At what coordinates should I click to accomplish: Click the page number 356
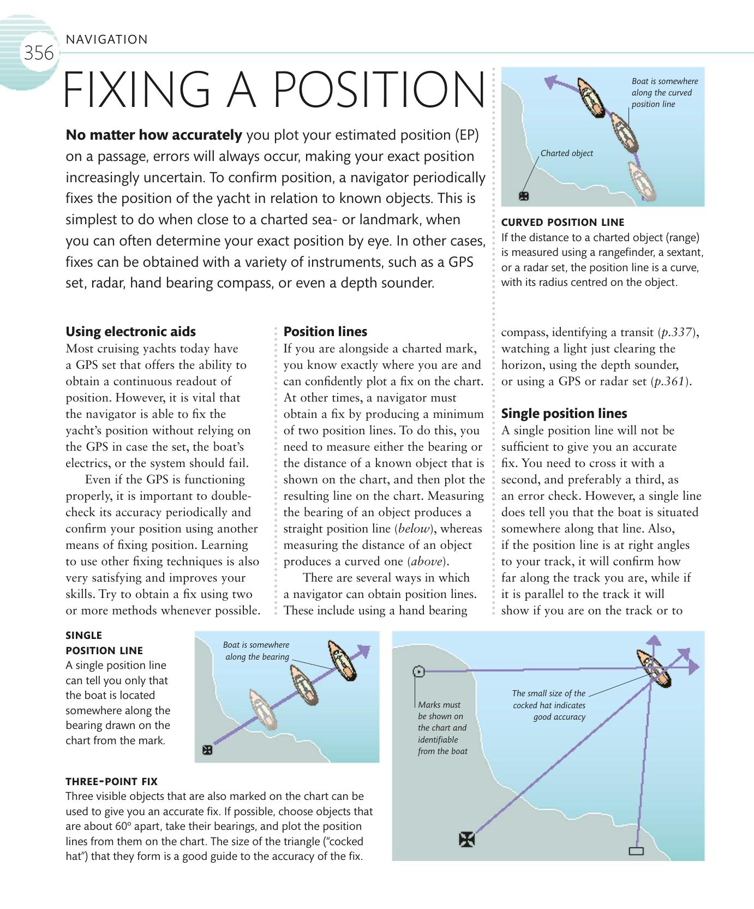click(x=38, y=53)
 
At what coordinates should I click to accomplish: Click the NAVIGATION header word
click(x=106, y=39)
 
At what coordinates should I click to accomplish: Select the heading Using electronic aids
click(x=130, y=332)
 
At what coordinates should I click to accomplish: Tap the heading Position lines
click(x=325, y=332)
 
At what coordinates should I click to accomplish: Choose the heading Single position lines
click(x=564, y=414)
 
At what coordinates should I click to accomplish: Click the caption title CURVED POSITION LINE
click(x=562, y=222)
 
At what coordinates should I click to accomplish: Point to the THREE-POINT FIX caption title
click(x=111, y=781)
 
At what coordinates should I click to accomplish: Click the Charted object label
click(x=566, y=153)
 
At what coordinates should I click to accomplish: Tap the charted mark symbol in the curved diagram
click(x=524, y=196)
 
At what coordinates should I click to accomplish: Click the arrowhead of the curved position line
click(x=552, y=82)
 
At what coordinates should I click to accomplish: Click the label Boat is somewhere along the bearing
click(x=256, y=651)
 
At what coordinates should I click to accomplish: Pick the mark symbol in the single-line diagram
click(x=207, y=750)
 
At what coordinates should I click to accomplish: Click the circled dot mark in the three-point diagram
click(x=418, y=672)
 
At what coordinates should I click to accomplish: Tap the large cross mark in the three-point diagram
click(x=467, y=839)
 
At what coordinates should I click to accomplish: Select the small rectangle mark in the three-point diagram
click(x=636, y=851)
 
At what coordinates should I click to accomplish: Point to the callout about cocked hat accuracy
click(x=549, y=705)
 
